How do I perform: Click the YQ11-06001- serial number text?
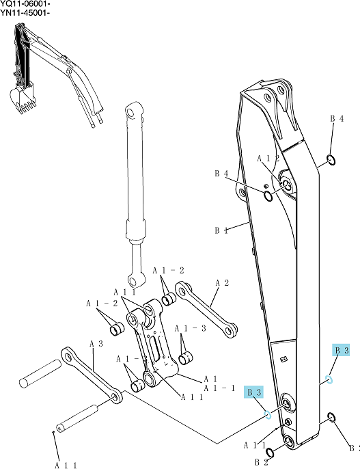[x=25, y=4]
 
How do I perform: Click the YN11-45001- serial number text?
[x=25, y=12]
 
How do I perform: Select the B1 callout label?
[x=221, y=230]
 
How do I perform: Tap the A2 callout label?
[x=223, y=283]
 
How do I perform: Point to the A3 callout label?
[x=96, y=344]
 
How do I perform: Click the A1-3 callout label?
[x=191, y=329]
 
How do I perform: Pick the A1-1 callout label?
[x=219, y=388]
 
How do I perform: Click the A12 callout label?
[x=268, y=159]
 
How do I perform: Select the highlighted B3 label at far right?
[x=342, y=350]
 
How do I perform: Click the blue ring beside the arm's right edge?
[x=329, y=379]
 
